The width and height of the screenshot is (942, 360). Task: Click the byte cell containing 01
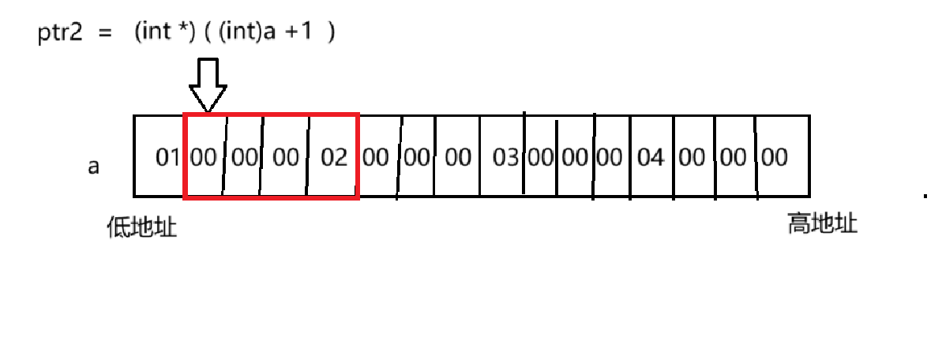point(167,157)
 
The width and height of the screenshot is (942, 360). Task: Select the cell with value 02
point(334,157)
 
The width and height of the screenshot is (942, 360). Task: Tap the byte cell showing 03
point(505,157)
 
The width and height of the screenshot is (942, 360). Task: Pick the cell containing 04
point(651,157)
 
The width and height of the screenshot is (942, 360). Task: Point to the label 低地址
point(142,227)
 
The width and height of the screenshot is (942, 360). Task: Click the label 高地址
point(822,225)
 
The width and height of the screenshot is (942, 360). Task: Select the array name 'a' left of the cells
point(93,167)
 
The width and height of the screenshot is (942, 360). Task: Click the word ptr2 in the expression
point(60,36)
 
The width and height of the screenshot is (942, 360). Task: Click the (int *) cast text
point(160,36)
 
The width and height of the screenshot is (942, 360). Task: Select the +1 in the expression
point(298,36)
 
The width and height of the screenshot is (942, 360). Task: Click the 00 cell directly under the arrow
point(204,157)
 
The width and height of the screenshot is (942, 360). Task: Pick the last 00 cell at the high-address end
point(775,157)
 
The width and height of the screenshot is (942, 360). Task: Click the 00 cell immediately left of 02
point(286,157)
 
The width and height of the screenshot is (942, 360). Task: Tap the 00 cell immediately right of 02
point(375,157)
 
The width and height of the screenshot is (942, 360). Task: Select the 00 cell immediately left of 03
point(458,157)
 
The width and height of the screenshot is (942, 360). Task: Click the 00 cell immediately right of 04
point(691,157)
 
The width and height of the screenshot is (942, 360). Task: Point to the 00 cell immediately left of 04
point(609,157)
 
